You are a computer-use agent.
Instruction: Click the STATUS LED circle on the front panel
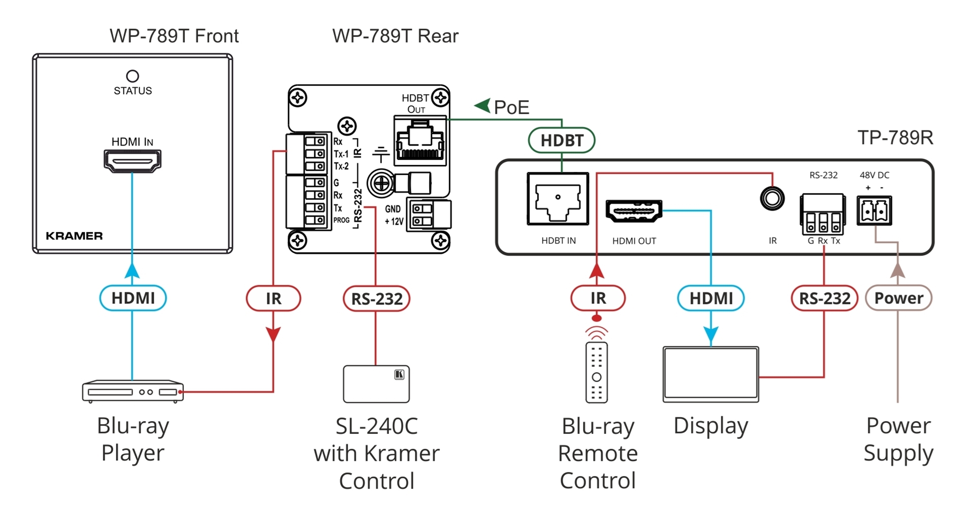[133, 76]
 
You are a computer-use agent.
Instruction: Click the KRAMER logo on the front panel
[74, 236]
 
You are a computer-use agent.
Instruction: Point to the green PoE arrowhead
[482, 106]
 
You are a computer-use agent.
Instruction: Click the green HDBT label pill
[562, 141]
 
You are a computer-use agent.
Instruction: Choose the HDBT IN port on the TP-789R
[558, 199]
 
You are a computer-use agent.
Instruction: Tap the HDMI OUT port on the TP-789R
[634, 211]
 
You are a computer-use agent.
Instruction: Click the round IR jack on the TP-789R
[772, 198]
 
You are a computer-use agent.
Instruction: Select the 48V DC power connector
[874, 210]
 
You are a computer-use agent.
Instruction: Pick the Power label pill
[898, 298]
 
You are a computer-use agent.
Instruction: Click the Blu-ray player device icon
[133, 391]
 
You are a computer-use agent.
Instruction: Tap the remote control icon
[597, 373]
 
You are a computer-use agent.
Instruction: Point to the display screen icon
[710, 374]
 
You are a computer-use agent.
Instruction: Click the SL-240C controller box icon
[376, 384]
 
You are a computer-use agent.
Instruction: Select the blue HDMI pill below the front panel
[133, 298]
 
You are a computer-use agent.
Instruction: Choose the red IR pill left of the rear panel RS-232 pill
[273, 298]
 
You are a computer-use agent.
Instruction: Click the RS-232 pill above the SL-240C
[376, 299]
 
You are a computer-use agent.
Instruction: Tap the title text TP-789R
[895, 138]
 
